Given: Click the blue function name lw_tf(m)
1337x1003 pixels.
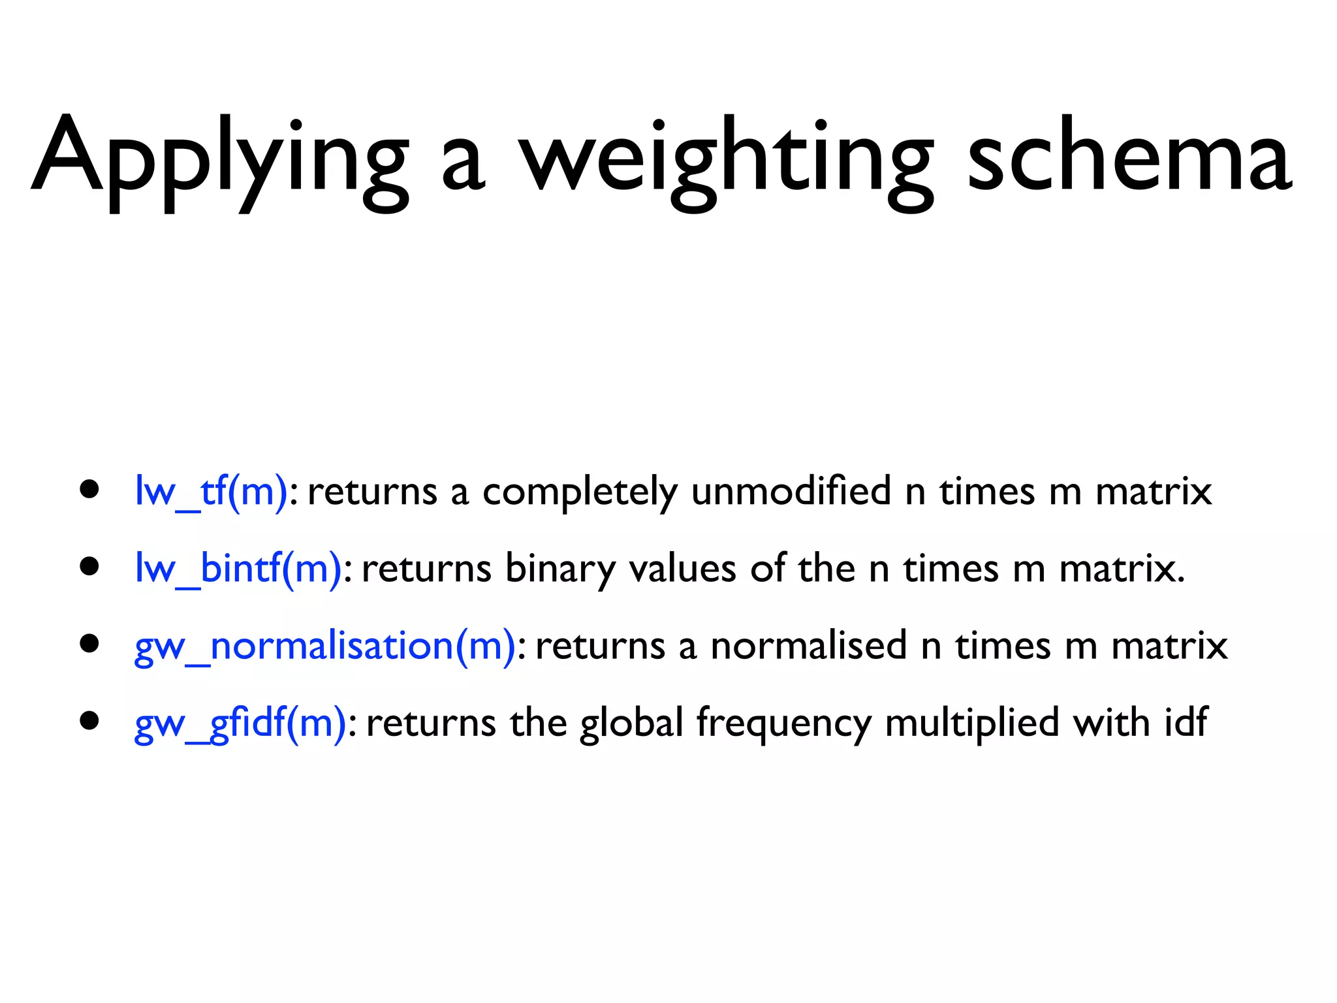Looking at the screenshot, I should click(210, 491).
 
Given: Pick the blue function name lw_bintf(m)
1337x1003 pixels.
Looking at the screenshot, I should click(238, 568).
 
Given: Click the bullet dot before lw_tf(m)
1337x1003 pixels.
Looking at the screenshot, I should click(89, 490).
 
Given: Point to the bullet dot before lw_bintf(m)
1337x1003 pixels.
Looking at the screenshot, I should click(89, 567).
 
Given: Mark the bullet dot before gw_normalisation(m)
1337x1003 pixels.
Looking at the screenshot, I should click(89, 644).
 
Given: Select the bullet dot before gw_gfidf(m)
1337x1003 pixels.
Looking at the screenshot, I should click(89, 721).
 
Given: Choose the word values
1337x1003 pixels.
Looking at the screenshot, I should click(682, 568).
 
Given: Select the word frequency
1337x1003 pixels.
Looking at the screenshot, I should click(783, 724).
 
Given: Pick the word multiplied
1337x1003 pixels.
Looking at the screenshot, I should click(971, 724).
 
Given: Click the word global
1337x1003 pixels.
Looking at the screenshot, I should click(631, 724).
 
